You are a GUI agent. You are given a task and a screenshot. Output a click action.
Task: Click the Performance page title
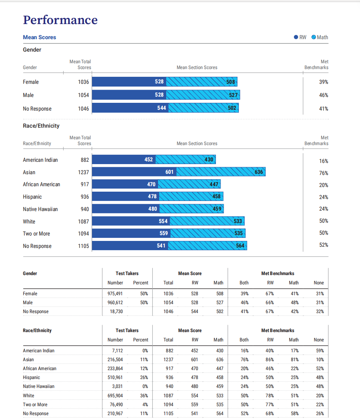pos(60,20)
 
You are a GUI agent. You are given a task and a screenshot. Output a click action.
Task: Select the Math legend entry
pos(320,37)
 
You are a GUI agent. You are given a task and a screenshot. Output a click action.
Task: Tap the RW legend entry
pos(300,37)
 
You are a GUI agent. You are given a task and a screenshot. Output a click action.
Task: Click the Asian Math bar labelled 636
pos(221,172)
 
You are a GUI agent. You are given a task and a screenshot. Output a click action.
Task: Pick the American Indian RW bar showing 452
pos(124,159)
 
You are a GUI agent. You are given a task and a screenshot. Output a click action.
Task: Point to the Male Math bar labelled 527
pos(203,95)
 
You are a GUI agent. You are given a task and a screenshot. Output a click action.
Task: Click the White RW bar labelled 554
pos(131,221)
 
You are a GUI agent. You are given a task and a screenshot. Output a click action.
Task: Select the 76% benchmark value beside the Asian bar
pos(323,173)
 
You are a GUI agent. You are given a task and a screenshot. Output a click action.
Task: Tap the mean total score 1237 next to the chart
pos(83,172)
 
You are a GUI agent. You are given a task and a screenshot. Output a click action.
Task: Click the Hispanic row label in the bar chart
pos(32,197)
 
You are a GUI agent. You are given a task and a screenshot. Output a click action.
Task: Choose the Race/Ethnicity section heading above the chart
pos(41,126)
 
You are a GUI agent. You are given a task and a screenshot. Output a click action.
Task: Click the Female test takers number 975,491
pos(115,294)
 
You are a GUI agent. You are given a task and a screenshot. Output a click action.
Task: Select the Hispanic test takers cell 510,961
pos(115,377)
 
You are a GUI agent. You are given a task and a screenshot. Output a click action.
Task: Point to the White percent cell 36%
pos(144,395)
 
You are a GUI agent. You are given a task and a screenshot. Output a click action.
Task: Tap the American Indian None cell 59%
pos(320,351)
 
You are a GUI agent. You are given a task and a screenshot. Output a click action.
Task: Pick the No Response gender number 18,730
pos(117,312)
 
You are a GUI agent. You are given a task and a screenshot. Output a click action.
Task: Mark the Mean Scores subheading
pos(40,37)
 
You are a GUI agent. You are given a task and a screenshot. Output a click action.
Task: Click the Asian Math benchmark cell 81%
pos(295,360)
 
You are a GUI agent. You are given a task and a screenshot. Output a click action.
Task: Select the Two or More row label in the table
pos(35,405)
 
